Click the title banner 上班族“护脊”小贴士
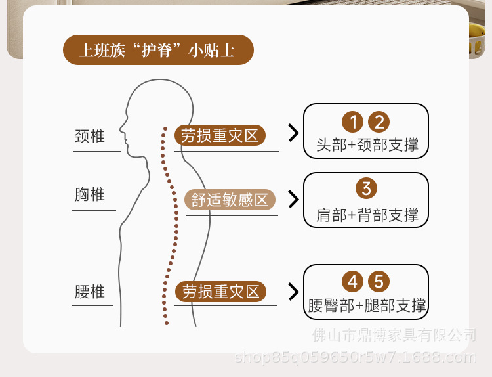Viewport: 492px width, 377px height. (x=158, y=50)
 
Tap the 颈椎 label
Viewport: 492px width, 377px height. (x=90, y=137)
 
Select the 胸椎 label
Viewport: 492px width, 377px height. (x=90, y=194)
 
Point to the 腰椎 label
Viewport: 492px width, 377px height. (x=90, y=292)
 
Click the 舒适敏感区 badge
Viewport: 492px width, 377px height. (x=230, y=200)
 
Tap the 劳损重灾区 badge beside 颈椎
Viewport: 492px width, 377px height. (x=220, y=135)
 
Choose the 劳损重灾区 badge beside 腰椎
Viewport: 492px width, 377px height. (x=220, y=292)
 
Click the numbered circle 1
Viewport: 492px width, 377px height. (x=353, y=122)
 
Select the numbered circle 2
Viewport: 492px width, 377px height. (x=379, y=122)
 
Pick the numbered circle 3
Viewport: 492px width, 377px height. (x=366, y=188)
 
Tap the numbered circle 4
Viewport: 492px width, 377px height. (x=353, y=281)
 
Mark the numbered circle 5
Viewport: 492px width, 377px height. (x=379, y=281)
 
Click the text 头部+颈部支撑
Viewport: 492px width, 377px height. (x=367, y=145)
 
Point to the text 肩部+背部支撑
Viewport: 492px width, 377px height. (x=367, y=215)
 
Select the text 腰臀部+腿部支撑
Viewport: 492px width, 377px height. (x=367, y=305)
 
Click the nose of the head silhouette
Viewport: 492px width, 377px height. (x=121, y=129)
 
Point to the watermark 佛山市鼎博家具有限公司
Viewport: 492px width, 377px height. (x=394, y=335)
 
